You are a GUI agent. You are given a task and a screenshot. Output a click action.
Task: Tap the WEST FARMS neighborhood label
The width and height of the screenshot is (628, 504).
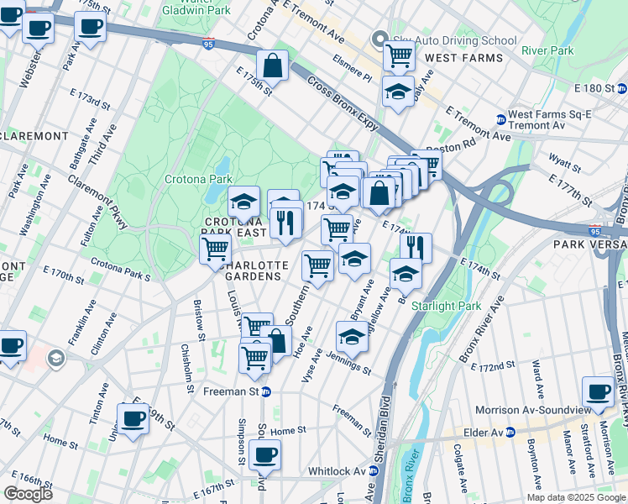coord(464,58)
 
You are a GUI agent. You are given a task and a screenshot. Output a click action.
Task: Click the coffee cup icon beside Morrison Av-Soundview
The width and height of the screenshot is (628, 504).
coord(599,391)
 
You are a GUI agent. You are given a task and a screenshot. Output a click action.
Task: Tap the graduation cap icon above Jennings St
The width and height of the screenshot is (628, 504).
coord(352,337)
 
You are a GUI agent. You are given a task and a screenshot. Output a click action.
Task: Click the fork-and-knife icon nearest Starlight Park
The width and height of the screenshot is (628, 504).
coord(416,247)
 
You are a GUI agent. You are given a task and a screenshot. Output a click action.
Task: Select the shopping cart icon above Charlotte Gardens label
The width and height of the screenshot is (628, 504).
coord(216,249)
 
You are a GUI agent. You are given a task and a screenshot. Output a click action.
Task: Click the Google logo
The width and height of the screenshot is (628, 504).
coord(28,494)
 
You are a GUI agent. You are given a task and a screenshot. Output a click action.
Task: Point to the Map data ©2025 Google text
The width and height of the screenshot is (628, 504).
coord(576,497)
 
